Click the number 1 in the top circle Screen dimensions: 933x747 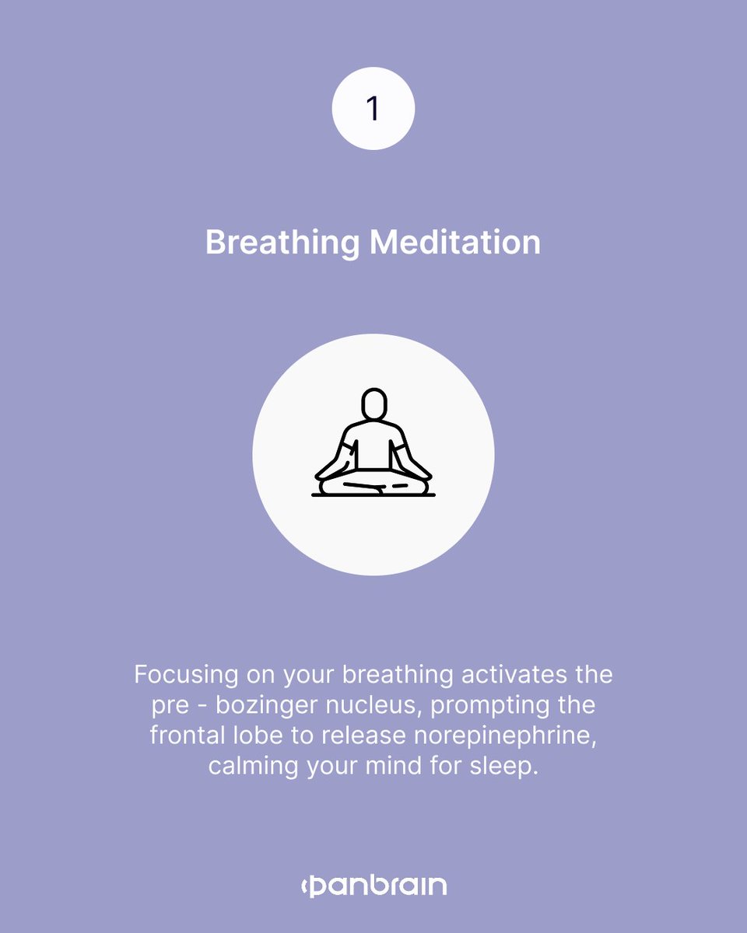[x=373, y=109]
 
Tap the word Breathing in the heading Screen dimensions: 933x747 [x=282, y=243]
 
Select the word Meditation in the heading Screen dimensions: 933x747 [x=455, y=243]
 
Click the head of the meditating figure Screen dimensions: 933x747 [x=374, y=404]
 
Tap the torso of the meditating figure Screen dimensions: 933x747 [x=374, y=447]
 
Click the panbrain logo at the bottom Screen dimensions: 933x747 [x=373, y=886]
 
